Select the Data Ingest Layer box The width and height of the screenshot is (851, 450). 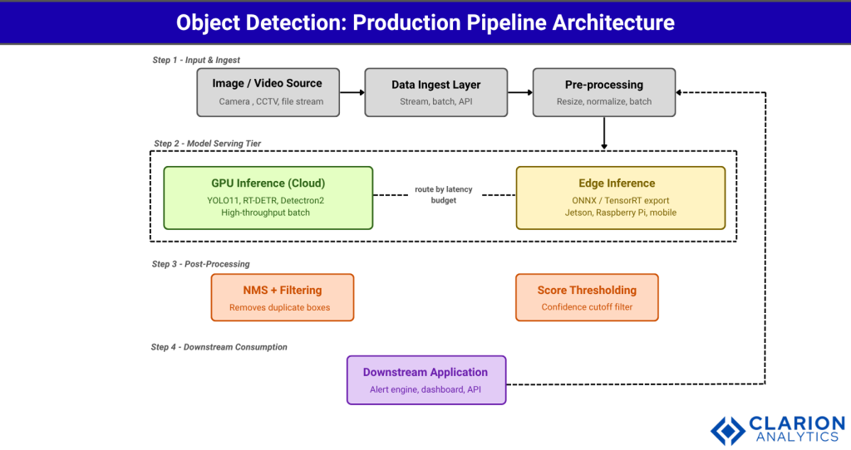click(435, 92)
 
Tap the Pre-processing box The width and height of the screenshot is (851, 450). click(604, 92)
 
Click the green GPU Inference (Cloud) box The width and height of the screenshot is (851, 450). click(268, 198)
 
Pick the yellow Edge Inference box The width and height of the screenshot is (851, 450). click(620, 198)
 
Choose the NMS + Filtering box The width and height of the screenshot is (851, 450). click(283, 297)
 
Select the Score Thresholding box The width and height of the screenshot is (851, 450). click(587, 297)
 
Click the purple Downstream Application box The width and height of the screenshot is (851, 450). click(425, 380)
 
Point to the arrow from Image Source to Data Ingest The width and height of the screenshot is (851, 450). click(351, 92)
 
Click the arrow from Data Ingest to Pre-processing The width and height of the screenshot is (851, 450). click(519, 92)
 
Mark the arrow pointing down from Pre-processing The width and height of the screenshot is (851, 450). click(604, 133)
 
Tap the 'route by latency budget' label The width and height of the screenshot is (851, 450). click(444, 195)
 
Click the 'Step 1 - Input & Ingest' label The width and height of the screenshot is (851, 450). click(196, 60)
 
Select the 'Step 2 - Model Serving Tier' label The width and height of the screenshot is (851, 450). click(207, 144)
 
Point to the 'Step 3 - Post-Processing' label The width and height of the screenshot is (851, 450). click(200, 264)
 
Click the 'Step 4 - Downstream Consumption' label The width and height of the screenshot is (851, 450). click(219, 347)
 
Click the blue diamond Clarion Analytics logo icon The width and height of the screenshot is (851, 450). click(728, 429)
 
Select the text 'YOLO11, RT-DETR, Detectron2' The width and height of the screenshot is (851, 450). click(268, 199)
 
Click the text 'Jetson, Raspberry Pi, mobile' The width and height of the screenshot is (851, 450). click(620, 213)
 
